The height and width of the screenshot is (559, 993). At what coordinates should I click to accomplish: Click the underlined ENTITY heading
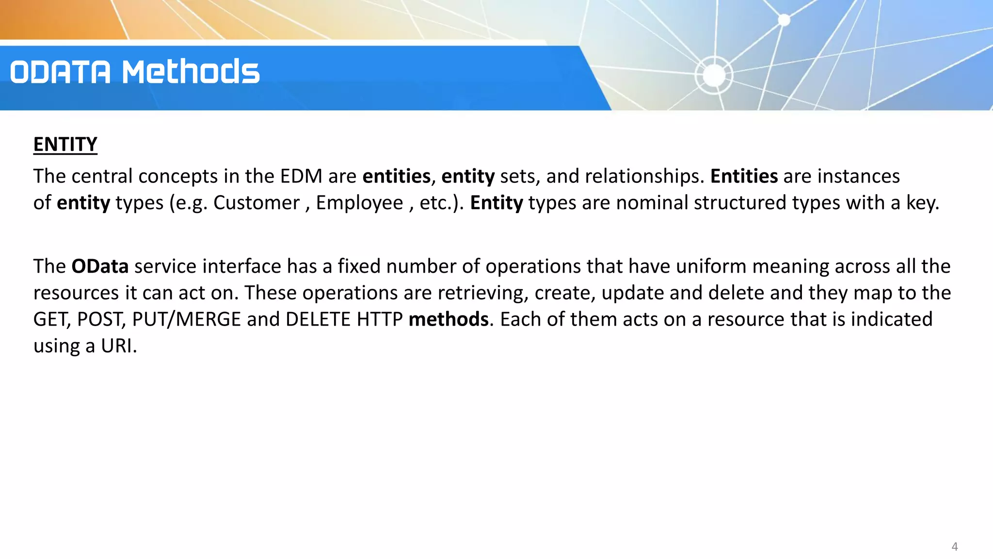[x=65, y=145]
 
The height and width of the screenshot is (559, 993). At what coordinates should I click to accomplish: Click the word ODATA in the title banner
[x=61, y=72]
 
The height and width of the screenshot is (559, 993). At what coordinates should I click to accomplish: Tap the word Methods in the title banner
[x=191, y=72]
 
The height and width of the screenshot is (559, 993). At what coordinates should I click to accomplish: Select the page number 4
[x=954, y=546]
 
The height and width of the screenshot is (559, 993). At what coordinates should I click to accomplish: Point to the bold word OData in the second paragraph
[x=100, y=266]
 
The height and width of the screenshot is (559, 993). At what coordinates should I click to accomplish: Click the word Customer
[x=256, y=203]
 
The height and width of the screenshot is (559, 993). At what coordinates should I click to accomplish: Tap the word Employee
[x=359, y=203]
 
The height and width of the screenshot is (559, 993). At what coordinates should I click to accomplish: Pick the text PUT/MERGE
[x=186, y=319]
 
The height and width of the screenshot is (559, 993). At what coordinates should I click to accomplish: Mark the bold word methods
[x=448, y=319]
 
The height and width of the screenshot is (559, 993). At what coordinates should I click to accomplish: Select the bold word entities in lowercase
[x=396, y=176]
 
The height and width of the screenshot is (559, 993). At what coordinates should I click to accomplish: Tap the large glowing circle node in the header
[x=714, y=75]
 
